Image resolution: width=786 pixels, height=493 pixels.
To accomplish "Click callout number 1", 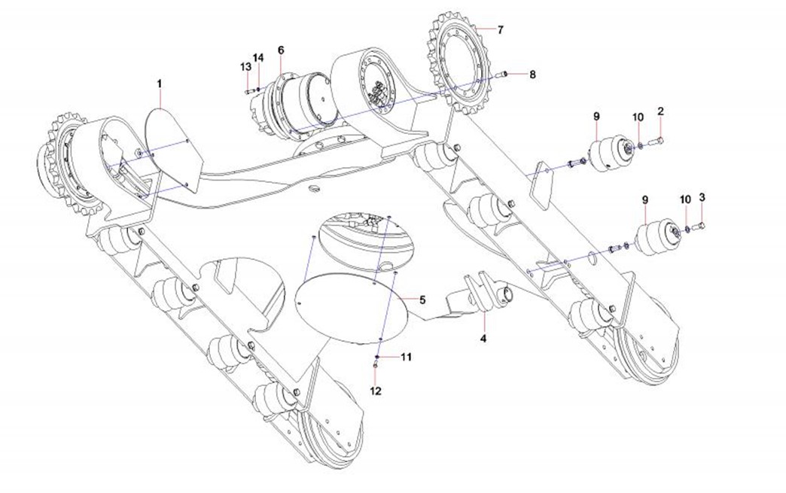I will pyautogui.click(x=160, y=83).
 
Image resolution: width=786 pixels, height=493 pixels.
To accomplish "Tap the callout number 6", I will pyautogui.click(x=281, y=50).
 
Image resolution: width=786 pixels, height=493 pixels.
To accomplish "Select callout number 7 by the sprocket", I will pyautogui.click(x=501, y=29).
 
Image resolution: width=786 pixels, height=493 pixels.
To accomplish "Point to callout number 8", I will pyautogui.click(x=532, y=75).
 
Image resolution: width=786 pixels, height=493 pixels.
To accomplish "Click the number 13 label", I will pyautogui.click(x=245, y=67).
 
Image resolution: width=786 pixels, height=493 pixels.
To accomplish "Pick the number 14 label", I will pyautogui.click(x=258, y=58).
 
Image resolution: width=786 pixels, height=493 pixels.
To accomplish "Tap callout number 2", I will pyautogui.click(x=660, y=111).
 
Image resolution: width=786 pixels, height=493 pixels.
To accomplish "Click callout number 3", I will pyautogui.click(x=702, y=197).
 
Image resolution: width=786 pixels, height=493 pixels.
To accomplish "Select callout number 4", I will pyautogui.click(x=483, y=339).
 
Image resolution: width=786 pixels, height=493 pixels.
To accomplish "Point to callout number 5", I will pyautogui.click(x=422, y=300).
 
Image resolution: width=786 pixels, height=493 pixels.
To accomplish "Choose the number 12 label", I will pyautogui.click(x=376, y=391).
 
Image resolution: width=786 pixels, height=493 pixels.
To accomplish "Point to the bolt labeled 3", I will pyautogui.click(x=699, y=224).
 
